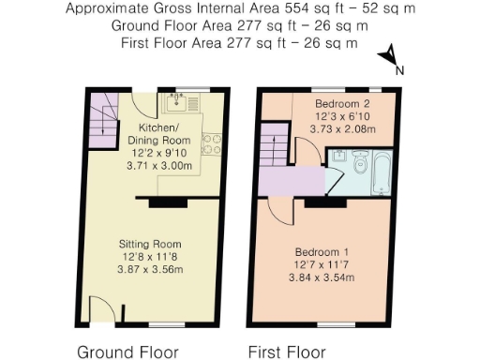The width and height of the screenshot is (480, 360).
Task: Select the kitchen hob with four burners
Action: tap(213, 144)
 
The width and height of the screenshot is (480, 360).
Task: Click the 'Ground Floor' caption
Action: tap(127, 352)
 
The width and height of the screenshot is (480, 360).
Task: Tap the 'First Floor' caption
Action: tap(287, 352)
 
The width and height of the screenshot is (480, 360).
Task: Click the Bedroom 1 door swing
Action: tap(278, 207)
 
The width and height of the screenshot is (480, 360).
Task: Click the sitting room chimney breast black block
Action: tap(163, 200)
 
